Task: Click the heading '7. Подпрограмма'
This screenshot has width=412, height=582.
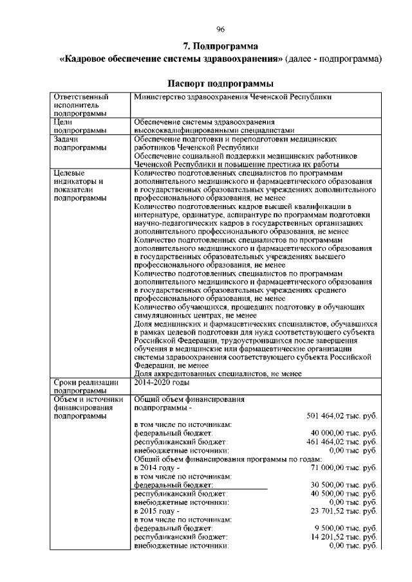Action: tap(220, 46)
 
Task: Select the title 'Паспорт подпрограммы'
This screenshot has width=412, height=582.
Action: tap(220, 84)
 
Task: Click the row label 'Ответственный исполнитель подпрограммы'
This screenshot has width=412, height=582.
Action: tap(80, 104)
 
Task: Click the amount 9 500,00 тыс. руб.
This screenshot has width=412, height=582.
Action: tap(346, 527)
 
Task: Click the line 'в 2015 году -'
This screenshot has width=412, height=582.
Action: tap(156, 511)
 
